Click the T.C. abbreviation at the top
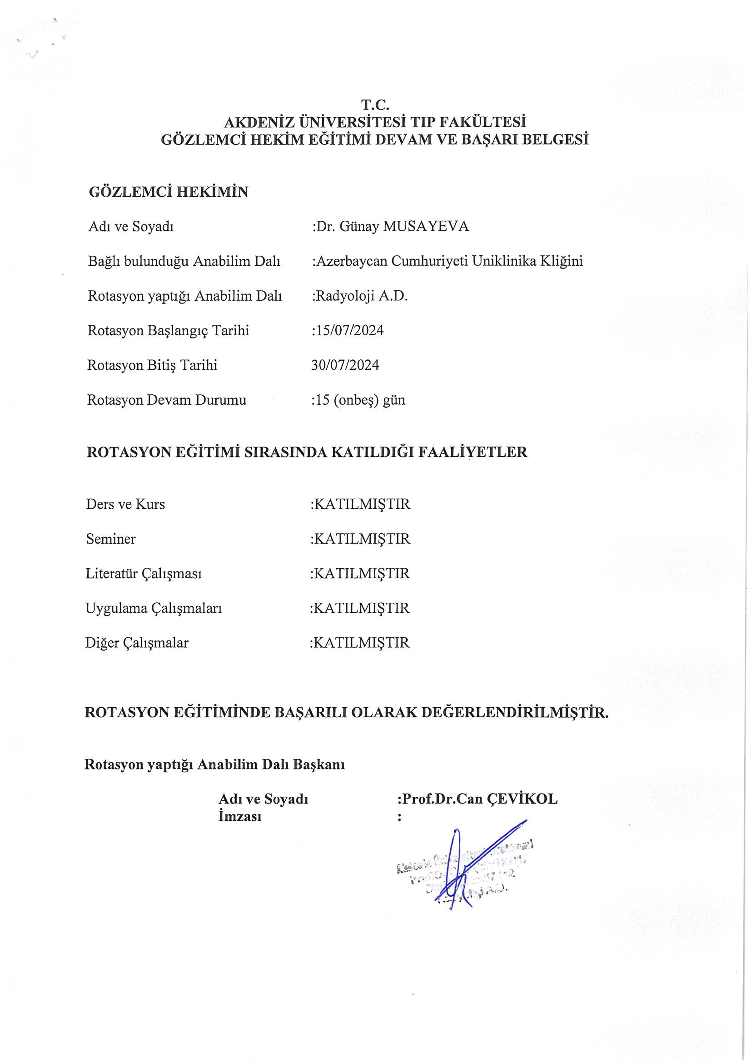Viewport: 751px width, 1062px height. [375, 105]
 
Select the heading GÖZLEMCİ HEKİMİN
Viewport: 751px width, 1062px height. [169, 192]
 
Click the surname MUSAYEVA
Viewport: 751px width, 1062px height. [426, 227]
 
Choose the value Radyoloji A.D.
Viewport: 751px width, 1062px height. [361, 296]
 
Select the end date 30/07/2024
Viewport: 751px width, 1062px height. [345, 365]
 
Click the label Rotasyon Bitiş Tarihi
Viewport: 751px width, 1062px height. [152, 365]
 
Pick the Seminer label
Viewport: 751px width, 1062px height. [110, 539]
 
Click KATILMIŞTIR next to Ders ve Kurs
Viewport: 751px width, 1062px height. [361, 504]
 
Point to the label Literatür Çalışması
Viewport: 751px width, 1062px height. [144, 574]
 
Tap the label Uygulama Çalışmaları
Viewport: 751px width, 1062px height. [154, 609]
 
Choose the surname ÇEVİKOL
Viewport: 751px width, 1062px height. [522, 799]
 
